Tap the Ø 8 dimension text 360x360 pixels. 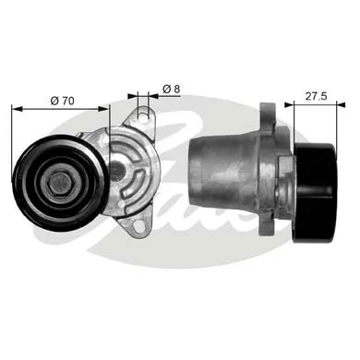tap(171, 88)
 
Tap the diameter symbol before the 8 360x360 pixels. tap(164, 88)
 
